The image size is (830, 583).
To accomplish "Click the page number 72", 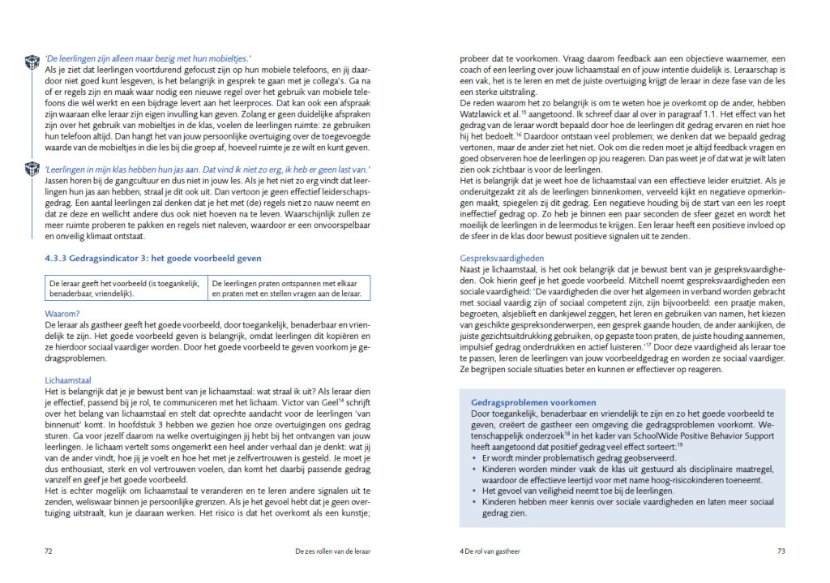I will pyautogui.click(x=49, y=551).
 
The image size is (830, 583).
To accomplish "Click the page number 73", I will pyautogui.click(x=781, y=551).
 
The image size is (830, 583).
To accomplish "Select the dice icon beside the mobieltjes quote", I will pyautogui.click(x=32, y=62).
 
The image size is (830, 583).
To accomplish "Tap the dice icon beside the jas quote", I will pyautogui.click(x=32, y=168).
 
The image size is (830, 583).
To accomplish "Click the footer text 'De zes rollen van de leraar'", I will pyautogui.click(x=333, y=551).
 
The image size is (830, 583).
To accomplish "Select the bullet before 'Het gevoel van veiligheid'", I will pyautogui.click(x=473, y=490).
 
